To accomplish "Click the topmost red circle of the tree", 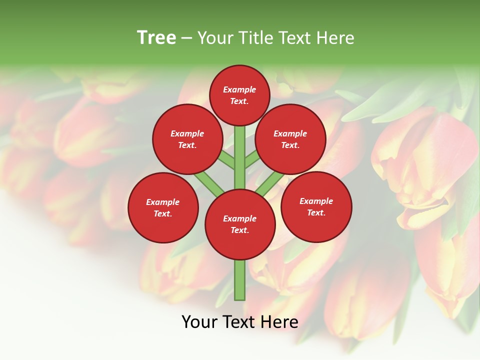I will point(239,95).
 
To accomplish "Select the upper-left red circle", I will point(187,139).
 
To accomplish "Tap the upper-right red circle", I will point(290,139).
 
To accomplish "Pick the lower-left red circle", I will point(163,207).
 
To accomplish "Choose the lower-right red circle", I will point(316,206).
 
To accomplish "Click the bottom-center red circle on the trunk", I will point(240,224).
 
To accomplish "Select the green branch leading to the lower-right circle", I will point(270,183).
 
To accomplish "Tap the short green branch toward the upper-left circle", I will point(226,160).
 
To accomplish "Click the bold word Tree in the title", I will point(156,37).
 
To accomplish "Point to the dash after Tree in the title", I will point(187,38).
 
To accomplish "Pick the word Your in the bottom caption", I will point(199,322).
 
